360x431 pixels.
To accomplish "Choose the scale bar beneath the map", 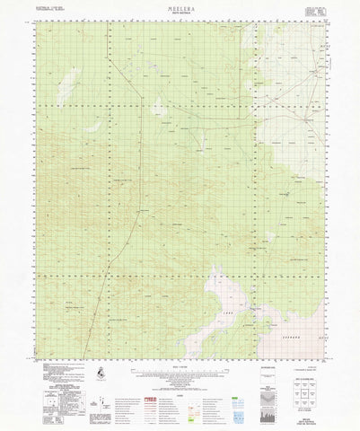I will [x=180, y=369].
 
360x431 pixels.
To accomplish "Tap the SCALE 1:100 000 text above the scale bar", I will [x=180, y=363].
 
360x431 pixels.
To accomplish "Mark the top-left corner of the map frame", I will [x=32, y=27].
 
